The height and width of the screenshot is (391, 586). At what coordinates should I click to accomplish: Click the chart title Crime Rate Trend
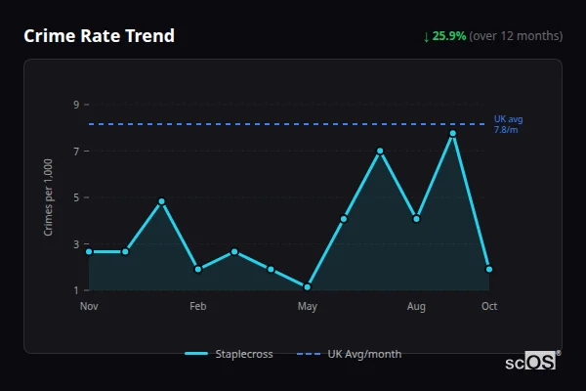99,36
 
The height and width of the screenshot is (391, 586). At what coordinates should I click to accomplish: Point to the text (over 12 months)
516,36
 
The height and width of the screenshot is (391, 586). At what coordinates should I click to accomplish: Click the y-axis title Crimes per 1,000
48,198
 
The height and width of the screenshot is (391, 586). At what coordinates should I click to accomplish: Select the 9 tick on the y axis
75,105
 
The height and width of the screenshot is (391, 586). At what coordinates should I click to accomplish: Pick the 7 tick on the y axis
75,152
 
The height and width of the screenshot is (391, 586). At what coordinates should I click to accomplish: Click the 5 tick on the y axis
75,197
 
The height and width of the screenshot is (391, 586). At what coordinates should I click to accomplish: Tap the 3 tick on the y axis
75,244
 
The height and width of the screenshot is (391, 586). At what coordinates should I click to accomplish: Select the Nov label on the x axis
89,307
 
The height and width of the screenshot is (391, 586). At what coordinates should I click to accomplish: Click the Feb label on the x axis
198,307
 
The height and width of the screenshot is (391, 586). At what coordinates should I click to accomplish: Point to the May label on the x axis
308,307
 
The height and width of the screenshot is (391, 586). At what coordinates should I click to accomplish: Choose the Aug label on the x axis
416,307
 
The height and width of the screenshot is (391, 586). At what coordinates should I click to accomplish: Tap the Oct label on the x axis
489,307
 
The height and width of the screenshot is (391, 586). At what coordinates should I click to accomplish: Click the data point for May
308,287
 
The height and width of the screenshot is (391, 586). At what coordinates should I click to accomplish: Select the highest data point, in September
452,133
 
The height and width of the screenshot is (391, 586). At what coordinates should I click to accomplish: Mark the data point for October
489,269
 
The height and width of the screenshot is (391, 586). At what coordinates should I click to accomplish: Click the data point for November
89,251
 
